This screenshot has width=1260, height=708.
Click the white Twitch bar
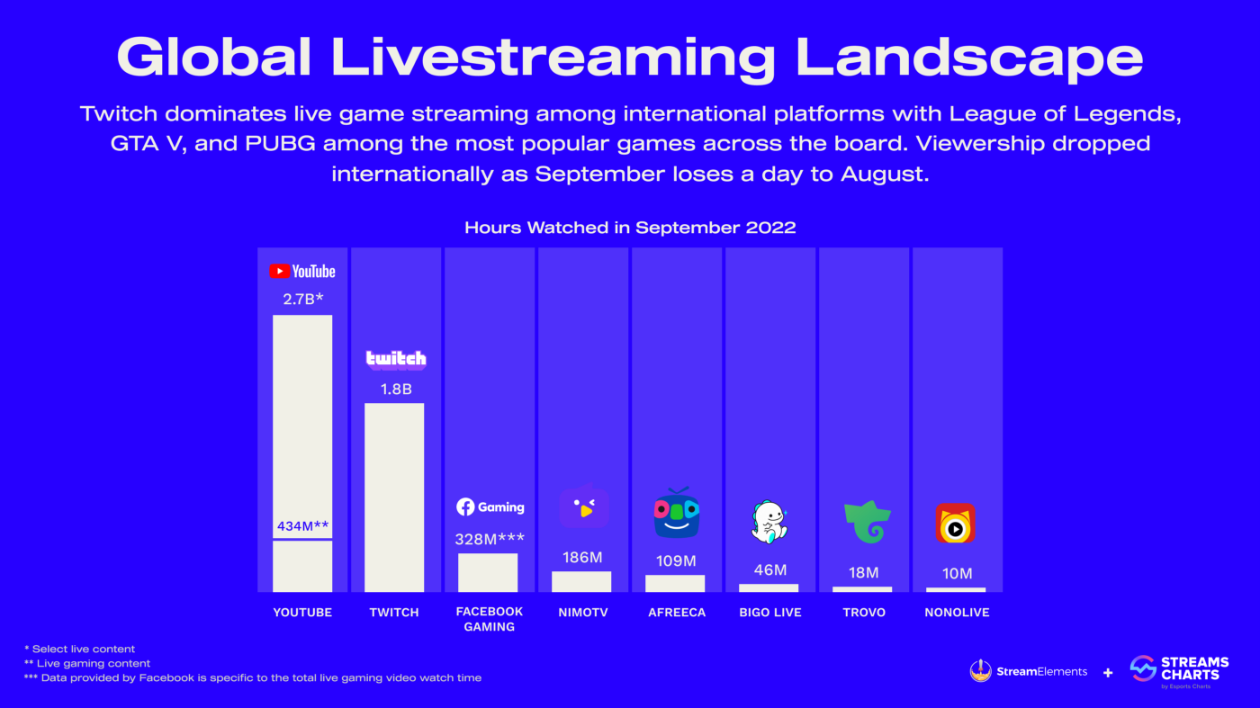pyautogui.click(x=394, y=497)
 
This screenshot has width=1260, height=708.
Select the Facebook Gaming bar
pyautogui.click(x=488, y=572)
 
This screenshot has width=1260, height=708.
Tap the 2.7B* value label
pyautogui.click(x=302, y=299)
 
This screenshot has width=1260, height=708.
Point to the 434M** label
pyautogui.click(x=302, y=525)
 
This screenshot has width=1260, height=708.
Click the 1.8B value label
pyautogui.click(x=395, y=389)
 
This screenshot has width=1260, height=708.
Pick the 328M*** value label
pyautogui.click(x=490, y=539)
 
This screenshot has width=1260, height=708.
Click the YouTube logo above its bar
pyautogui.click(x=302, y=271)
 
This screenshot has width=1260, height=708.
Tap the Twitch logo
pyautogui.click(x=396, y=359)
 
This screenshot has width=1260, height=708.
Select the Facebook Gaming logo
pyautogui.click(x=490, y=506)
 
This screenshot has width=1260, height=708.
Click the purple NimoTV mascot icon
pyautogui.click(x=584, y=506)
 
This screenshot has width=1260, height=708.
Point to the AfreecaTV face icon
pyautogui.click(x=677, y=514)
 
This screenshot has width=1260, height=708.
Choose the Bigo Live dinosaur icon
pyautogui.click(x=769, y=522)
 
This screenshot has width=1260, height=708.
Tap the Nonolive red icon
pyautogui.click(x=956, y=524)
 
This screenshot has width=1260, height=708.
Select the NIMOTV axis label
pyautogui.click(x=582, y=613)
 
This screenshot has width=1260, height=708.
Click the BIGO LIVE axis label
pyautogui.click(x=770, y=613)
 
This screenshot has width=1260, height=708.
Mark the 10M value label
pyautogui.click(x=957, y=573)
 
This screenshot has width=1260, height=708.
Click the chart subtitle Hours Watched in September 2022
pyautogui.click(x=630, y=228)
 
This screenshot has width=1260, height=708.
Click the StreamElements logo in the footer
pyautogui.click(x=1029, y=671)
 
